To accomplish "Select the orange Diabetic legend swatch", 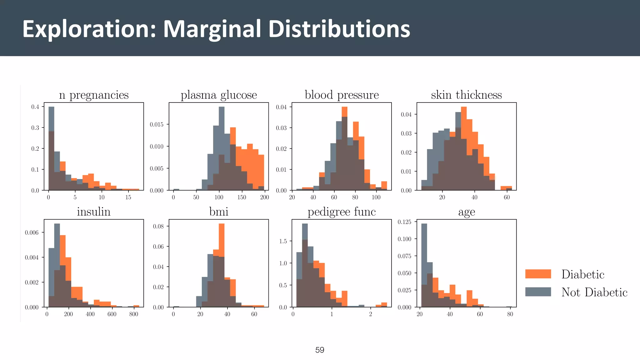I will point(538,274).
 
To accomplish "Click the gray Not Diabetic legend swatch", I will point(538,292).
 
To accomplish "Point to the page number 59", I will point(320,350).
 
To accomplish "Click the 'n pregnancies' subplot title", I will point(94,95).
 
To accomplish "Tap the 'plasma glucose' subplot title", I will point(219,95).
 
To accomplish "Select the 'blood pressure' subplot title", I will point(342,95).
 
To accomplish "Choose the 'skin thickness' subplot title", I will point(466,95).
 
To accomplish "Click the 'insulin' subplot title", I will point(94,212).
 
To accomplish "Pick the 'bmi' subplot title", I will point(219,212).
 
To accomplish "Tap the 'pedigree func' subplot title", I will point(342,212).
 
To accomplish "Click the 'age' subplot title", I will point(466,212).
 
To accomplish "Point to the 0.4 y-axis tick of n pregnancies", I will point(35,107).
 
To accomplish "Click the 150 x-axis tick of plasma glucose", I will point(242,197).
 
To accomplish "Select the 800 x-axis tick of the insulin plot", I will point(133,314).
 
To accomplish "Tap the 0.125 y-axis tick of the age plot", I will point(404,222).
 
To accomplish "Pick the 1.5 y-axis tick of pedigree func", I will point(283,241).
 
